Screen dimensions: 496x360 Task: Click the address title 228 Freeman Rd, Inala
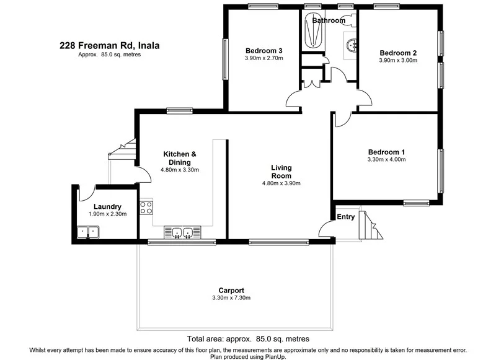[x=105, y=45]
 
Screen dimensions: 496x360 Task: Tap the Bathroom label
[x=329, y=20]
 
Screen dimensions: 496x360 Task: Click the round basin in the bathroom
[x=352, y=45]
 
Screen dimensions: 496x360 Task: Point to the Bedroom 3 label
[x=263, y=51]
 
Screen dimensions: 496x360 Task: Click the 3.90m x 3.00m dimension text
[x=397, y=61]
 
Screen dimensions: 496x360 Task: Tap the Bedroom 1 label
[x=386, y=152]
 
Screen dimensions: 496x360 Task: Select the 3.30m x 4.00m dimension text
[x=386, y=160]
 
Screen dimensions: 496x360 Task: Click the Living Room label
[x=281, y=171]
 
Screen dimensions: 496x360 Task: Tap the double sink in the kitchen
[x=182, y=233]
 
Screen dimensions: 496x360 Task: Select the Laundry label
[x=107, y=207]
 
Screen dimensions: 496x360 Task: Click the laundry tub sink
[x=88, y=232]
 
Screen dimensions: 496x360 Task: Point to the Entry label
[x=345, y=217]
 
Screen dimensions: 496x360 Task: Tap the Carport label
[x=231, y=290]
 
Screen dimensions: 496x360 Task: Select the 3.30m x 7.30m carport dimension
[x=231, y=298]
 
